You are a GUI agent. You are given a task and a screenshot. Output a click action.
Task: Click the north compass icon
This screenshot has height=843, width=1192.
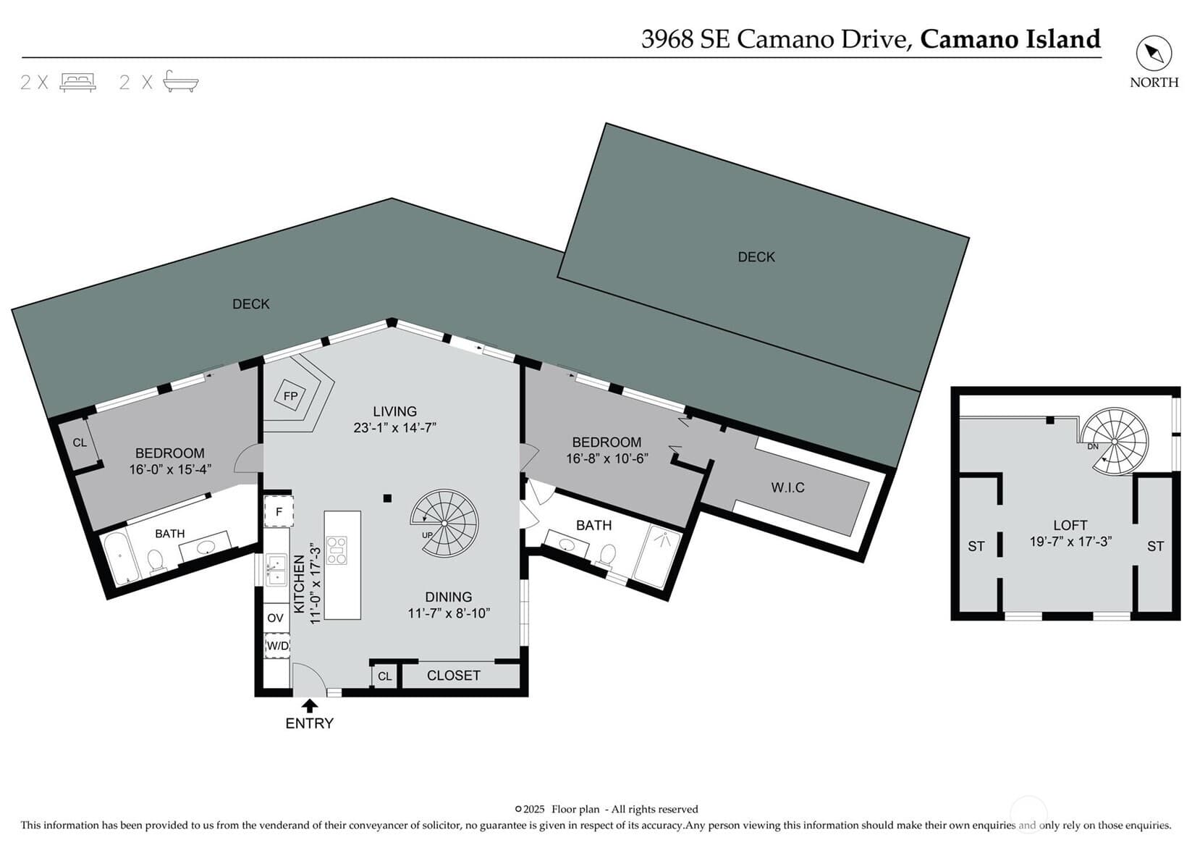click(x=1154, y=54)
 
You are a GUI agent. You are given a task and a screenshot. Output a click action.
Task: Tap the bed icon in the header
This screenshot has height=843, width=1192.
click(x=77, y=83)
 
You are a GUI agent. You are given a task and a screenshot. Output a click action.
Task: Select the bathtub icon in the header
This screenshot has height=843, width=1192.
click(x=180, y=82)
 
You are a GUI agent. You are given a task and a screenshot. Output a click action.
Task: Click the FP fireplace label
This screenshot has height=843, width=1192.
click(x=290, y=395)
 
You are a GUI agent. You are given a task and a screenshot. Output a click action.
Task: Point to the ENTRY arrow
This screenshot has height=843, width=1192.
click(x=309, y=705)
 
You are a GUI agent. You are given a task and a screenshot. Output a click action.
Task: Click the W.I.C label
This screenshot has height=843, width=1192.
click(x=787, y=487)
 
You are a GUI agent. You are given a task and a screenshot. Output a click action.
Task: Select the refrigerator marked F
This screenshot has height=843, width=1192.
click(x=279, y=512)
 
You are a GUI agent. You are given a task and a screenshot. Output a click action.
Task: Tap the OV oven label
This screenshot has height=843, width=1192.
click(x=275, y=618)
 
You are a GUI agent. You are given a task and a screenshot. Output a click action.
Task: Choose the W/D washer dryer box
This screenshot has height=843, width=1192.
click(x=277, y=646)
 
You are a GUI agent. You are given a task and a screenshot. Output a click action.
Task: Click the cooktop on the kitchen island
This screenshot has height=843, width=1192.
click(x=337, y=550)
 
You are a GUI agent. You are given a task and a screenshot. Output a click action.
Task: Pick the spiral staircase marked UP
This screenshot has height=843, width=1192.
click(x=444, y=524)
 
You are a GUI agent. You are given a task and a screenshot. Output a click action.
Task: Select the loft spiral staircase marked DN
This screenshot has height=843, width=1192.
click(x=1115, y=442)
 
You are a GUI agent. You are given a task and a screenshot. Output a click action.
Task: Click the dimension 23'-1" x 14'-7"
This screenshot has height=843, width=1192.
click(x=395, y=427)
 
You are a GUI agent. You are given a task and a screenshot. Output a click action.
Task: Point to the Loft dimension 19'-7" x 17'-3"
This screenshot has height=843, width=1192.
click(x=1070, y=542)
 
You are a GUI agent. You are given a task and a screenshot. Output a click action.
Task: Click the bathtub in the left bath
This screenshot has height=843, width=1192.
click(x=119, y=559)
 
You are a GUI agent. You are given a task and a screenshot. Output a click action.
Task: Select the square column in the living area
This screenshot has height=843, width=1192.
click(x=387, y=498)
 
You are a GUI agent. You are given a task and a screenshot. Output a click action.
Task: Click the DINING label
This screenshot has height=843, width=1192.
click(x=449, y=597)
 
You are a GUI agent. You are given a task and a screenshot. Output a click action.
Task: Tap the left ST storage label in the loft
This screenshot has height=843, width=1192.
click(x=976, y=546)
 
